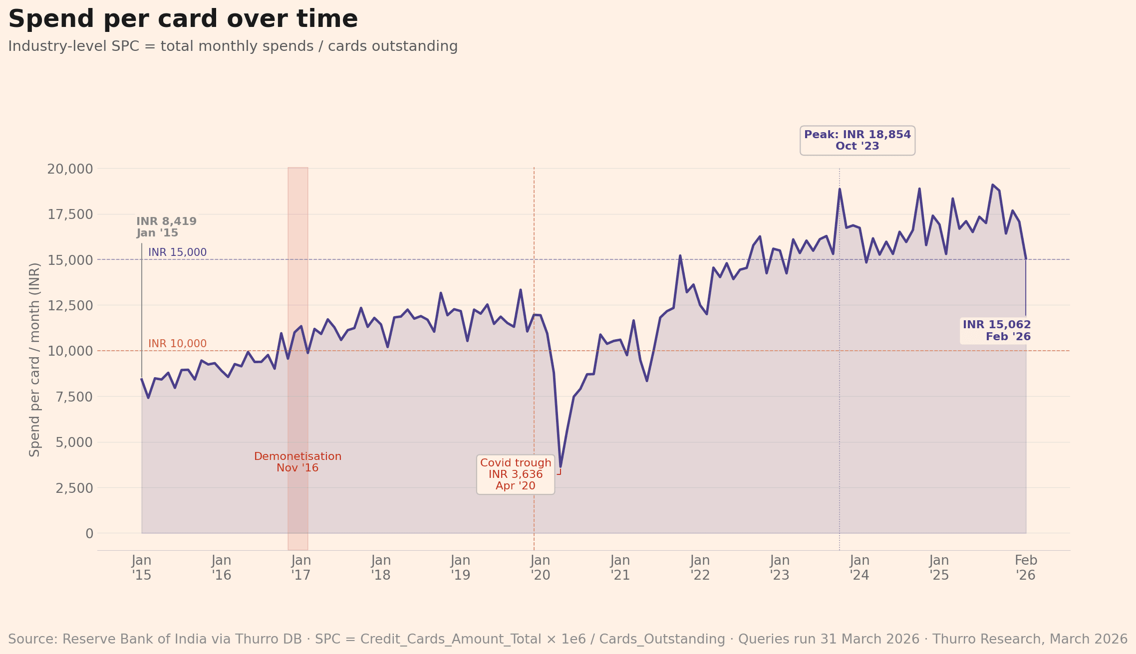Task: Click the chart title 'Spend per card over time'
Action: [183, 19]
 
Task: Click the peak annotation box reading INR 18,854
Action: [857, 141]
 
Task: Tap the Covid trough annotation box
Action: [516, 474]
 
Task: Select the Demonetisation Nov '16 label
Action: [297, 462]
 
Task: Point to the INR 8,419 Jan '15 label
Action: [166, 227]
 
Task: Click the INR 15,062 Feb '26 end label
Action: [996, 331]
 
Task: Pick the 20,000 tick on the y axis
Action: [70, 169]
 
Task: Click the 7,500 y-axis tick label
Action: [70, 397]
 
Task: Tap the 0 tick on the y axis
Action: [89, 534]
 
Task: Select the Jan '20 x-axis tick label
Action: [541, 568]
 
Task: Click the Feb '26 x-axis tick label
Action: [1026, 568]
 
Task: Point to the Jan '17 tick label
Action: [301, 568]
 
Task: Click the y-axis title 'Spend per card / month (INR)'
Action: [34, 359]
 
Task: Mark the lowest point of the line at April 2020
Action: [561, 466]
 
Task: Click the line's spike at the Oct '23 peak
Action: [840, 190]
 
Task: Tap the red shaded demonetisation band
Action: [297, 299]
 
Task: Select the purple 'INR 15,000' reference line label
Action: [177, 252]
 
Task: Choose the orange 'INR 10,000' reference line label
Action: [177, 344]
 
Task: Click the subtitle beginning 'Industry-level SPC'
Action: [233, 46]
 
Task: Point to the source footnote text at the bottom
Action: [568, 639]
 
